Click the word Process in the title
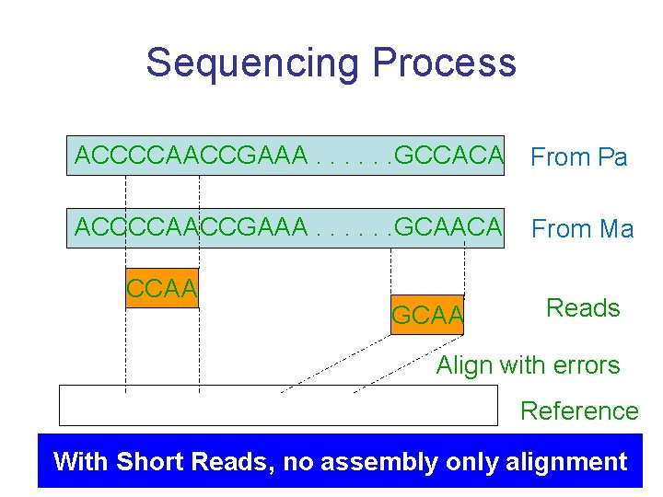(444, 63)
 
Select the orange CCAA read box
(162, 288)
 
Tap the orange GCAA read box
(428, 316)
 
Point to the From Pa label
(579, 157)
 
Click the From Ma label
(583, 228)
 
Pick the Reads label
(583, 307)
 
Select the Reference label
(579, 410)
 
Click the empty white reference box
(276, 405)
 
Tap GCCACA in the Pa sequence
(448, 156)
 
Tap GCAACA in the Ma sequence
(448, 226)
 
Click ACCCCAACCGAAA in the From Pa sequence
(191, 156)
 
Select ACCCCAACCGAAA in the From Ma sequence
(191, 226)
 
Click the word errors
(583, 365)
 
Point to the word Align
(466, 365)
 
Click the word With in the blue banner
(79, 461)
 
